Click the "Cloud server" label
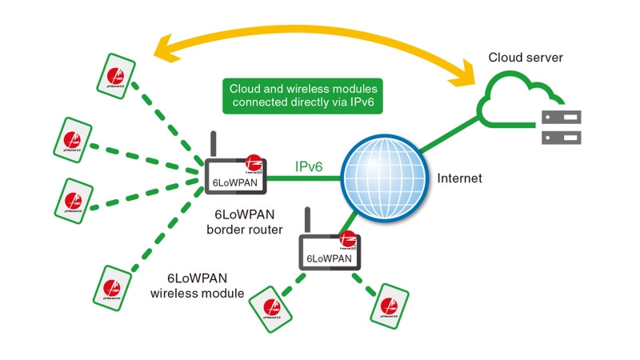pyautogui.click(x=526, y=58)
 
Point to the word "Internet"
pyautogui.click(x=459, y=178)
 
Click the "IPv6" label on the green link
pyautogui.click(x=310, y=166)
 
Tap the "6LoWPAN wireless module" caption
pyautogui.click(x=198, y=286)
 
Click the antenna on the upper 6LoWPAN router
pyautogui.click(x=214, y=144)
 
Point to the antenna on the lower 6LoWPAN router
pyautogui.click(x=307, y=220)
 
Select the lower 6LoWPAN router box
pyautogui.click(x=330, y=251)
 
